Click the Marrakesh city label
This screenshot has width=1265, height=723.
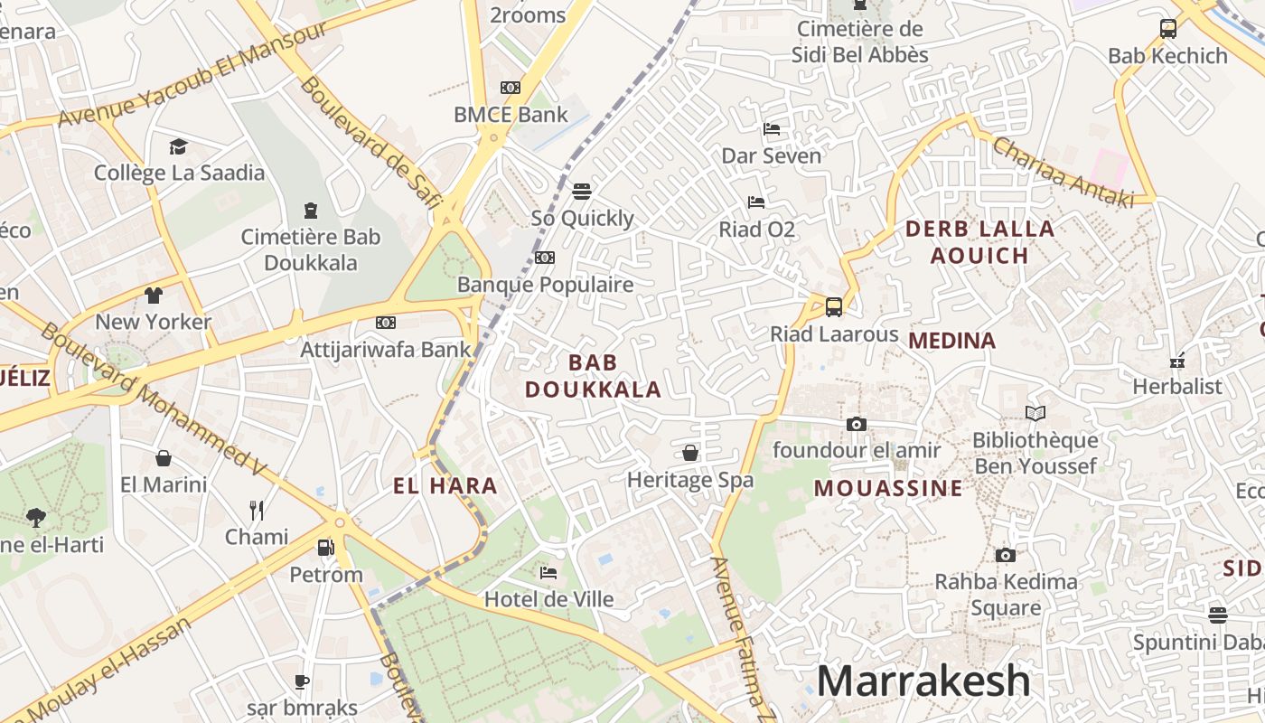pyautogui.click(x=923, y=681)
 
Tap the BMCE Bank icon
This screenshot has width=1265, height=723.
pyautogui.click(x=511, y=88)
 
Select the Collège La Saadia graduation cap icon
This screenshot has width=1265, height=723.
pyautogui.click(x=178, y=146)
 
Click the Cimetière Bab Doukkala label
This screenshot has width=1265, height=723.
pyautogui.click(x=311, y=250)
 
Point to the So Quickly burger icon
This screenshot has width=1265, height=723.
pyautogui.click(x=582, y=192)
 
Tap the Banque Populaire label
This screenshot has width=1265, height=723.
pyautogui.click(x=545, y=285)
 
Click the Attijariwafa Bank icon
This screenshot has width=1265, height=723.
pyautogui.click(x=386, y=323)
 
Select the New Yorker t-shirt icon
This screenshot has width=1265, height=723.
pyautogui.click(x=154, y=295)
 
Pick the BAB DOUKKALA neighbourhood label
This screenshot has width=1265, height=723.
pyautogui.click(x=593, y=376)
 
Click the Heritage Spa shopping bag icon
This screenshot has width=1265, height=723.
pyautogui.click(x=690, y=453)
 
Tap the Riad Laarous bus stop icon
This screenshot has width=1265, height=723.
pyautogui.click(x=834, y=306)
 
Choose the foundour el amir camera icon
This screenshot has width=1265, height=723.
pyautogui.click(x=857, y=424)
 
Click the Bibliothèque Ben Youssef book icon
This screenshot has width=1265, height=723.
pyautogui.click(x=1035, y=413)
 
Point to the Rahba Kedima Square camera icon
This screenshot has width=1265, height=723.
pyautogui.click(x=1006, y=555)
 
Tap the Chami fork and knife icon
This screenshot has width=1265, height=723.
pyautogui.click(x=257, y=511)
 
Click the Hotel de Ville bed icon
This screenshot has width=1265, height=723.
pyautogui.click(x=548, y=572)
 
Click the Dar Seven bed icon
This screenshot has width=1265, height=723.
pyautogui.click(x=772, y=129)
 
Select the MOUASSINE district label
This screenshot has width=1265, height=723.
pyautogui.click(x=888, y=489)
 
